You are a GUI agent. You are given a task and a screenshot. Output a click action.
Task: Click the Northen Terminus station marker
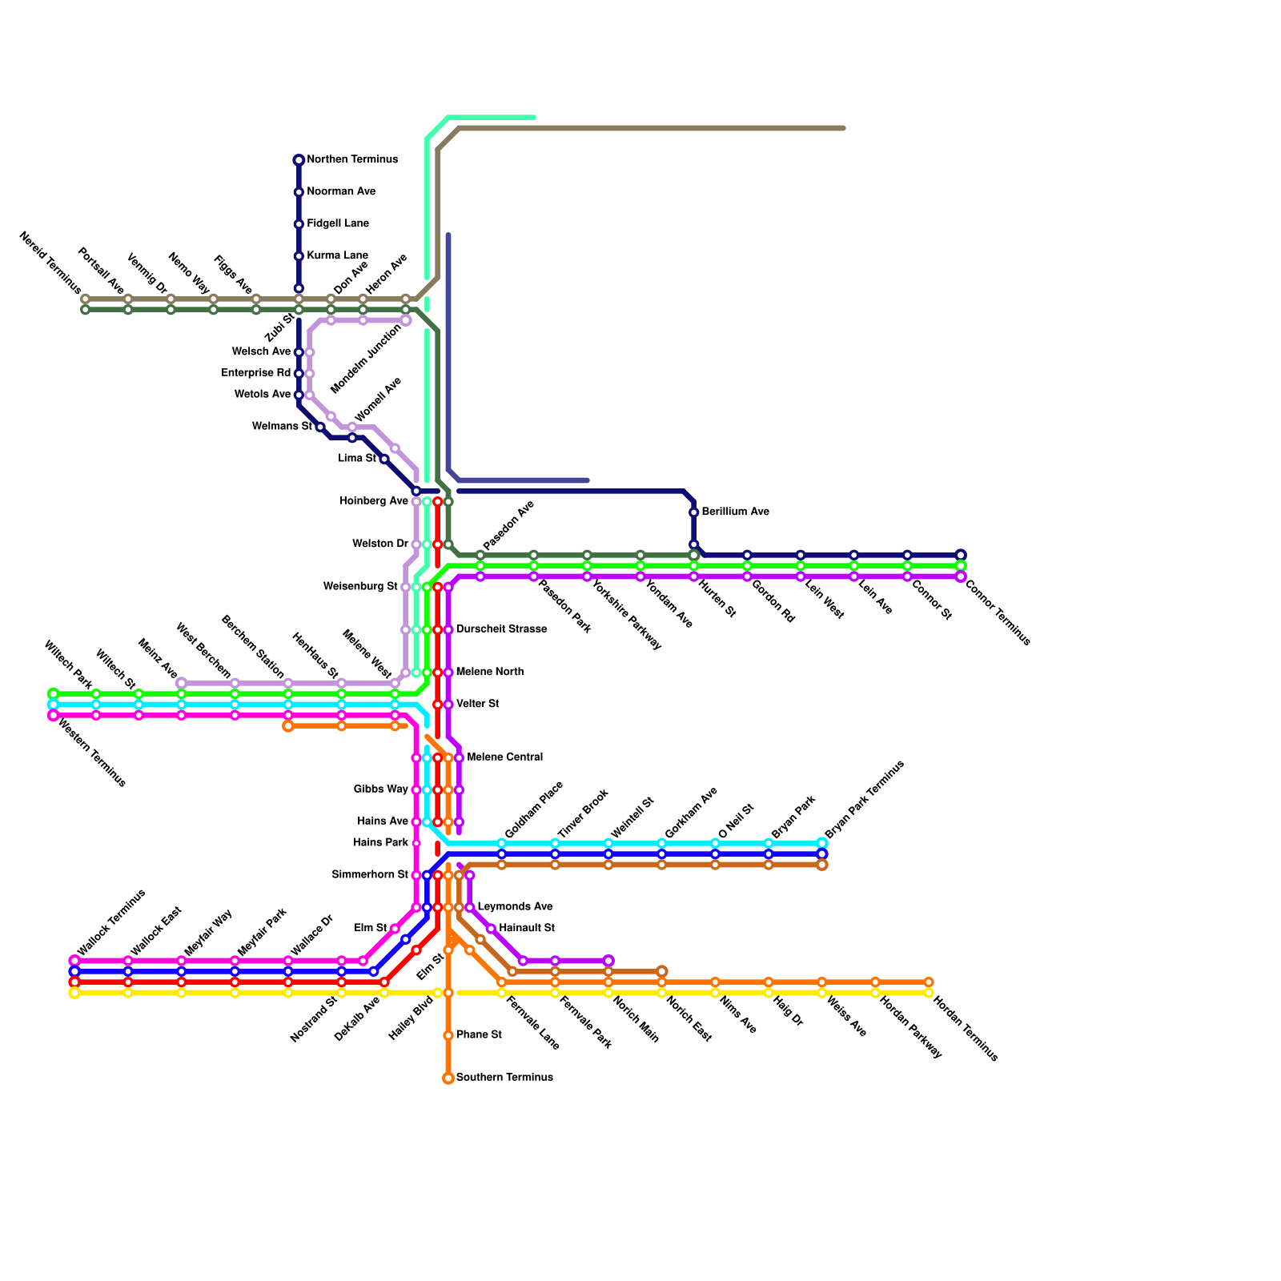pyautogui.click(x=299, y=160)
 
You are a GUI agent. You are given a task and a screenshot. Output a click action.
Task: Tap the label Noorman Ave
pyautogui.click(x=341, y=192)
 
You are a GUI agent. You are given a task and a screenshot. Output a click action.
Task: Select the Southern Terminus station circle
pyautogui.click(x=448, y=1078)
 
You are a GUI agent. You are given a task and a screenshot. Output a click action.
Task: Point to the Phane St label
pyautogui.click(x=479, y=1035)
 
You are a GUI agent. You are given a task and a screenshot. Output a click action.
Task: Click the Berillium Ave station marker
pyautogui.click(x=694, y=512)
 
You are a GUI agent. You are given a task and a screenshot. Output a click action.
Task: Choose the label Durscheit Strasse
pyautogui.click(x=501, y=629)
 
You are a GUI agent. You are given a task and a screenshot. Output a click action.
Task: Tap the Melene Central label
pyautogui.click(x=504, y=757)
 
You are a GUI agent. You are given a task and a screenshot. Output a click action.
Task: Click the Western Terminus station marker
pyautogui.click(x=54, y=716)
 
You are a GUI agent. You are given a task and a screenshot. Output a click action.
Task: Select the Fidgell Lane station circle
pyautogui.click(x=299, y=224)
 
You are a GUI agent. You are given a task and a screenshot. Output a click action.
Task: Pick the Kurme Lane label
pyautogui.click(x=337, y=256)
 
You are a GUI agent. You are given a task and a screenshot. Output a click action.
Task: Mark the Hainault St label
pyautogui.click(x=526, y=929)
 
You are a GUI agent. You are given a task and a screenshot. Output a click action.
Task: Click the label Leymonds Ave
pyautogui.click(x=515, y=907)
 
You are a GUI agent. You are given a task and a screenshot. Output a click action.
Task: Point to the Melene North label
pyautogui.click(x=489, y=673)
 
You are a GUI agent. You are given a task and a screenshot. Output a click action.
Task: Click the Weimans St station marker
pyautogui.click(x=320, y=427)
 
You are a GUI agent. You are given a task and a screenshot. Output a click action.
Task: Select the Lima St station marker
pyautogui.click(x=384, y=459)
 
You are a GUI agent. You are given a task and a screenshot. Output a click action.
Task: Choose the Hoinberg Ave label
pyautogui.click(x=374, y=502)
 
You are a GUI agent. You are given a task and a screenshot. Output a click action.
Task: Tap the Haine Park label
pyautogui.click(x=380, y=843)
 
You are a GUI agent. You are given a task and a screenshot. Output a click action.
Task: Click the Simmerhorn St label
pyautogui.click(x=370, y=875)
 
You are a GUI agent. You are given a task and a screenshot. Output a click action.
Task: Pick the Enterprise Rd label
pyautogui.click(x=256, y=374)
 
